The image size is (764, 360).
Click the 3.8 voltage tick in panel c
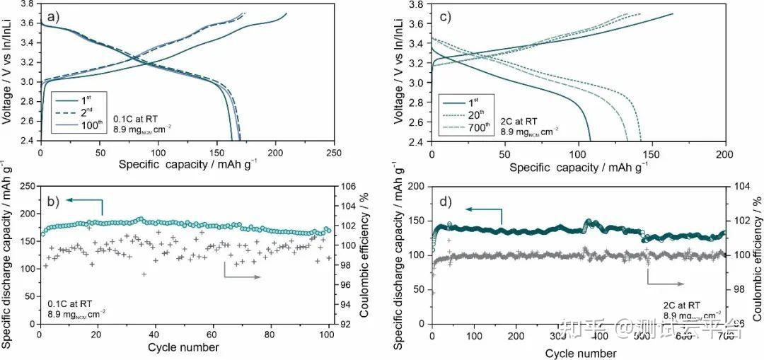417,4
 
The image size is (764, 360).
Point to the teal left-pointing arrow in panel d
485,210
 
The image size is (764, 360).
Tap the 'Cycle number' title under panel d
580,352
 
